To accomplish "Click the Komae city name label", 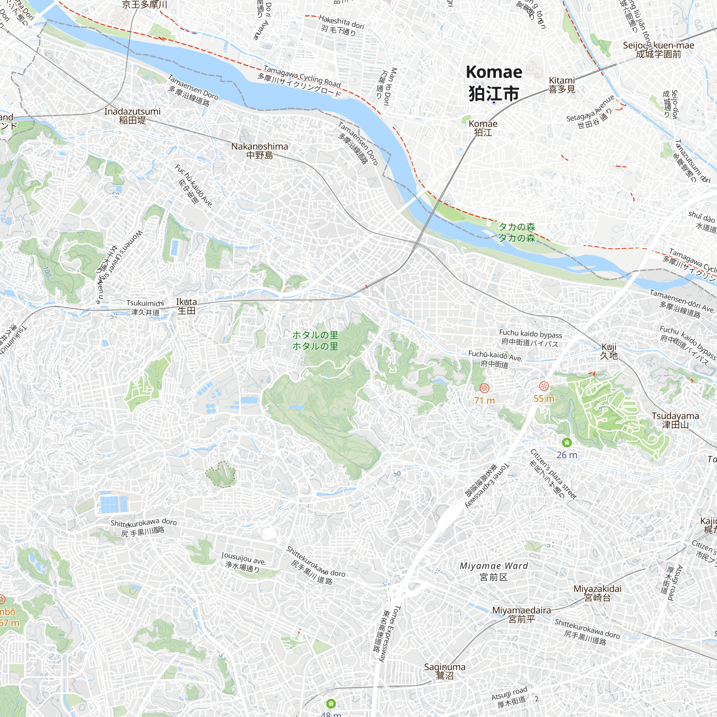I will (x=494, y=83).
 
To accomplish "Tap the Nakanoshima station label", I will (x=260, y=151).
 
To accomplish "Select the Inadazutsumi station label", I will (x=132, y=116).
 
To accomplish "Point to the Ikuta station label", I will (x=186, y=306).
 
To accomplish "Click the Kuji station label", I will (x=609, y=351).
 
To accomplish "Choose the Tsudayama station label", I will (x=675, y=420).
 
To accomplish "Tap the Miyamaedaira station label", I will (x=521, y=614).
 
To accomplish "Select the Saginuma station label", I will (x=445, y=671).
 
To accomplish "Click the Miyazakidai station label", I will (x=597, y=593).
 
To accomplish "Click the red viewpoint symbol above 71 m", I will (x=484, y=388).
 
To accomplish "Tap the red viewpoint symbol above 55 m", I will (x=544, y=386).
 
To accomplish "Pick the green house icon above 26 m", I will (x=567, y=442).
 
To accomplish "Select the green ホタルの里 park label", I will (x=315, y=340).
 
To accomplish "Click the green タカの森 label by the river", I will (x=516, y=232).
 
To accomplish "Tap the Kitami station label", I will (x=562, y=85).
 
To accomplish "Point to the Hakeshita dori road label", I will (x=341, y=25).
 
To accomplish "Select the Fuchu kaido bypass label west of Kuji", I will (x=530, y=338).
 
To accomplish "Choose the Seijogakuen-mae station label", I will (x=658, y=50).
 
